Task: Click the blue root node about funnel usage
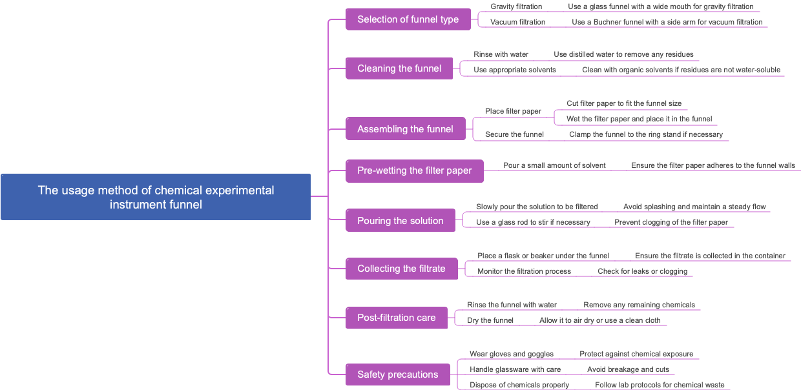tap(156, 197)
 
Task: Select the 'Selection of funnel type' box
tap(408, 19)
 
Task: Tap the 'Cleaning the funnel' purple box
tap(399, 68)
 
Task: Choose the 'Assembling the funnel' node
tap(405, 129)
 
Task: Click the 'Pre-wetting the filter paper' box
tap(414, 170)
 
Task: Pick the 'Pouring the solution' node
tap(400, 221)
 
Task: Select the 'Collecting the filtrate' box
tap(401, 269)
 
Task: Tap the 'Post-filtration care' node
tap(396, 318)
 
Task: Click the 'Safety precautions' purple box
tap(397, 375)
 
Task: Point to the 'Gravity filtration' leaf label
tap(516, 6)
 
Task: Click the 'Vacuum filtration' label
tap(517, 22)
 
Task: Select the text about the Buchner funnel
tap(667, 22)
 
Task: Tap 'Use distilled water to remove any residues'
tap(623, 54)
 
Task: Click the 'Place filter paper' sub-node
tap(513, 111)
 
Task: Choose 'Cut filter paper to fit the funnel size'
tap(624, 103)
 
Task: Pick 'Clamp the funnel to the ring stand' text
tap(645, 134)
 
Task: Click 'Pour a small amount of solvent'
tap(554, 165)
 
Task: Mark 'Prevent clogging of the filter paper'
tap(671, 222)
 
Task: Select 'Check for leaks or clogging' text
tap(642, 271)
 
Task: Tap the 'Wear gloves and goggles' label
tap(511, 354)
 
